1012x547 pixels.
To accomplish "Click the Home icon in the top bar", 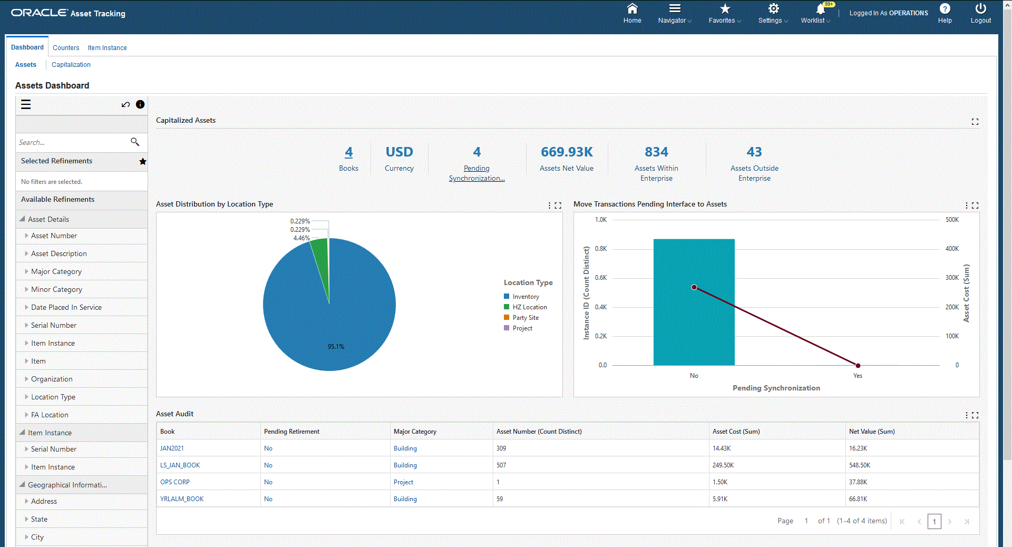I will pos(632,9).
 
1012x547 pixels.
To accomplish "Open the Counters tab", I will pos(66,48).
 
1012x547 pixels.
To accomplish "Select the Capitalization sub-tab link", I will pos(71,65).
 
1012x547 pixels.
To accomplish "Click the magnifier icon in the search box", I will pos(135,142).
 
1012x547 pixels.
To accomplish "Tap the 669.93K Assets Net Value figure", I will pos(567,152).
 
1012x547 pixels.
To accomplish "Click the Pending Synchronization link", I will pos(476,173).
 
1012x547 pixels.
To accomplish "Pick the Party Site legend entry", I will pos(525,318).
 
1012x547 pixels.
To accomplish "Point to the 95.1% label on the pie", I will pos(336,347).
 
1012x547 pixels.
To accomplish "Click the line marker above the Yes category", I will pos(858,365).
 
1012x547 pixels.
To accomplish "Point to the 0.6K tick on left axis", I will pos(601,278).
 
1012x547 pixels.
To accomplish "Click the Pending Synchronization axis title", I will pos(776,388).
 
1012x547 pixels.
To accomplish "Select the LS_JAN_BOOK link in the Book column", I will pos(180,465).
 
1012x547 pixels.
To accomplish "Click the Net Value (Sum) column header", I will pos(872,432).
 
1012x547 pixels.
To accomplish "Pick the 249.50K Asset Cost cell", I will pos(723,465).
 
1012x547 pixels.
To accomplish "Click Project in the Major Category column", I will pos(403,482).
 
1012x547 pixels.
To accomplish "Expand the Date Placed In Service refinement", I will pos(66,307).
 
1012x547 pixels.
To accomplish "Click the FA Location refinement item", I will pos(50,415).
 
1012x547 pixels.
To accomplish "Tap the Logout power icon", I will pos(980,9).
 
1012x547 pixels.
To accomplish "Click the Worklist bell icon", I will pos(820,9).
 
